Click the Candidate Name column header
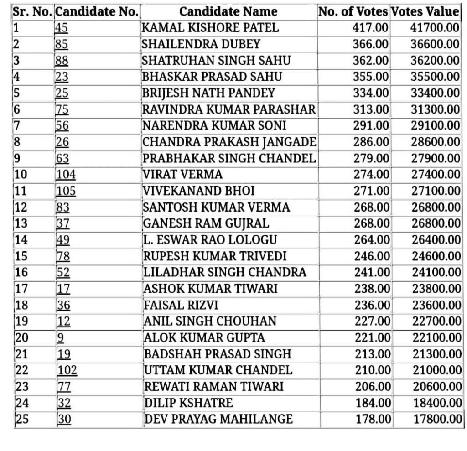(228, 11)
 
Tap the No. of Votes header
(353, 11)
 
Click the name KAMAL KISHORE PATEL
(210, 28)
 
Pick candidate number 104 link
(66, 175)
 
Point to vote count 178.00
(371, 419)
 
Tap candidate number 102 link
(67, 370)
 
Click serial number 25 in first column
(22, 419)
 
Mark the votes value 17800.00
(437, 419)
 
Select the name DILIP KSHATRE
(188, 403)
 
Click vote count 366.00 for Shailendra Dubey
(370, 44)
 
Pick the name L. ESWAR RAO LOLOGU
(210, 240)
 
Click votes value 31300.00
(435, 109)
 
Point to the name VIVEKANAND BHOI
(199, 191)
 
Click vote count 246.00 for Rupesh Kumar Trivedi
(371, 256)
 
